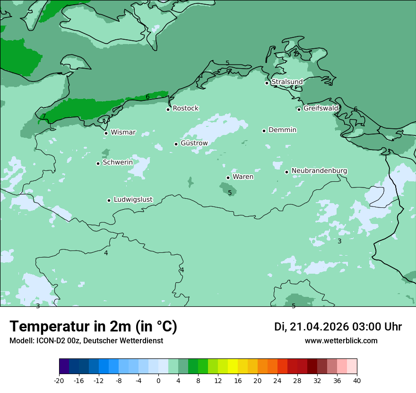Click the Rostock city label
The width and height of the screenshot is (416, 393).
(185, 108)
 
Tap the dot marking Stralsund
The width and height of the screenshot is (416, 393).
(267, 83)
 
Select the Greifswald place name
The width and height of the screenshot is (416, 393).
(321, 108)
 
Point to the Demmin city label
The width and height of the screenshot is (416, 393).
(282, 130)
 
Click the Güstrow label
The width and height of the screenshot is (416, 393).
(194, 143)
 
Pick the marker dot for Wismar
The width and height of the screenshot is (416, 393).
(106, 133)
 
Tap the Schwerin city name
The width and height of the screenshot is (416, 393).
(118, 162)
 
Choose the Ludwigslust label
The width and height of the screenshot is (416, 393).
(133, 200)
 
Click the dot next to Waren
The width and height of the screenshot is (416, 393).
(228, 178)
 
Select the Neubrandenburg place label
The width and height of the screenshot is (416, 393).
(319, 171)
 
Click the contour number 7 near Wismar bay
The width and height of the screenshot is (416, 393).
(44, 116)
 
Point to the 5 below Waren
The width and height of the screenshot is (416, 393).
(230, 193)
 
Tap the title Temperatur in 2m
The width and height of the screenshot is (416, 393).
(93, 326)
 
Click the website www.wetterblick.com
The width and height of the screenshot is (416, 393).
(341, 340)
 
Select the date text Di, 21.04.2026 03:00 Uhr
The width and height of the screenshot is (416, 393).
(338, 327)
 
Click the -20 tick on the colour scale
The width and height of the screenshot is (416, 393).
(59, 380)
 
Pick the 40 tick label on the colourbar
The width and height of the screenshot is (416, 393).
(357, 380)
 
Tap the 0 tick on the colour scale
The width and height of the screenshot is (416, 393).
(158, 380)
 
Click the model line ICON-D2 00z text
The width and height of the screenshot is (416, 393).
(86, 340)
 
